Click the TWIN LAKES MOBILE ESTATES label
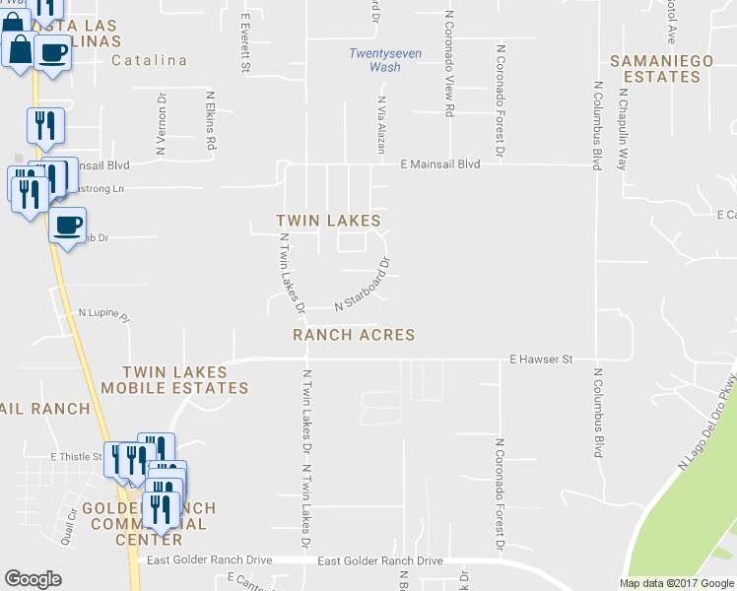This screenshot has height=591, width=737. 185,380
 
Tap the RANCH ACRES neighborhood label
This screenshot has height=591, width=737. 354,335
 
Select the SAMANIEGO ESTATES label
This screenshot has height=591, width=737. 661,68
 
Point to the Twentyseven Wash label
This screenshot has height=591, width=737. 375,60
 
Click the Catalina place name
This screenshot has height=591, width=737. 149,60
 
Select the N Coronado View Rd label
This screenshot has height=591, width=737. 448,65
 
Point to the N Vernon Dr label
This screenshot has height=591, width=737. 161,126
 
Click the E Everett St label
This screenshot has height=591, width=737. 245,39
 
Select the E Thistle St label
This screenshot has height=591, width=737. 77,457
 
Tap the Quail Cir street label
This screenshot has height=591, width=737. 67,518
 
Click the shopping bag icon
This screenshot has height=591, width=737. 20,47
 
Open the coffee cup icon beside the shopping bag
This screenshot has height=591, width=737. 53,51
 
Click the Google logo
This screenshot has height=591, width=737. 33,579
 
